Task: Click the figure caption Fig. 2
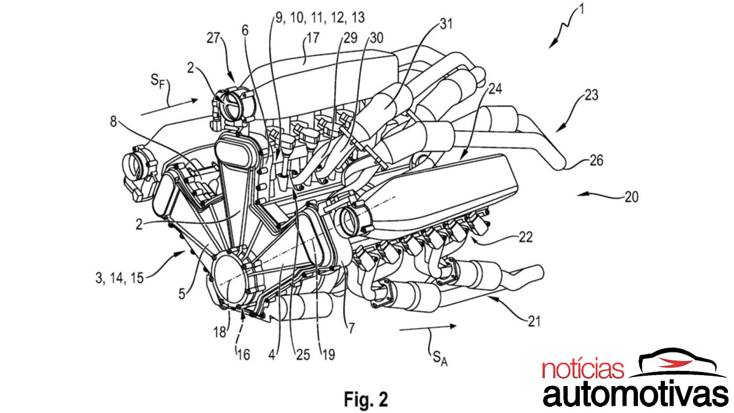coord(365,399)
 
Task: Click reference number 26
coord(597,161)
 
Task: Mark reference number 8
coord(113,121)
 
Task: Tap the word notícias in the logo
coord(583,370)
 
